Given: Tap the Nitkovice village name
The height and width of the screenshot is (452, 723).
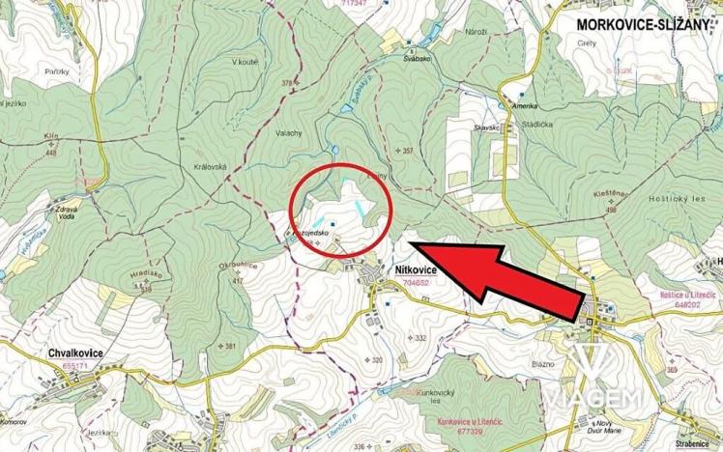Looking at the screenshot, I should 417,271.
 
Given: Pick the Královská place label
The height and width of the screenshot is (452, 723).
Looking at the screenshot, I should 211,166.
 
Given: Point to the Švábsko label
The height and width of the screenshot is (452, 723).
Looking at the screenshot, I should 417,58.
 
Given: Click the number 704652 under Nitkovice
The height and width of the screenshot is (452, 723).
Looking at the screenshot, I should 417,284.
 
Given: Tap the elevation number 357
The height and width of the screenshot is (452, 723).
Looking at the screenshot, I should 408,151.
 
